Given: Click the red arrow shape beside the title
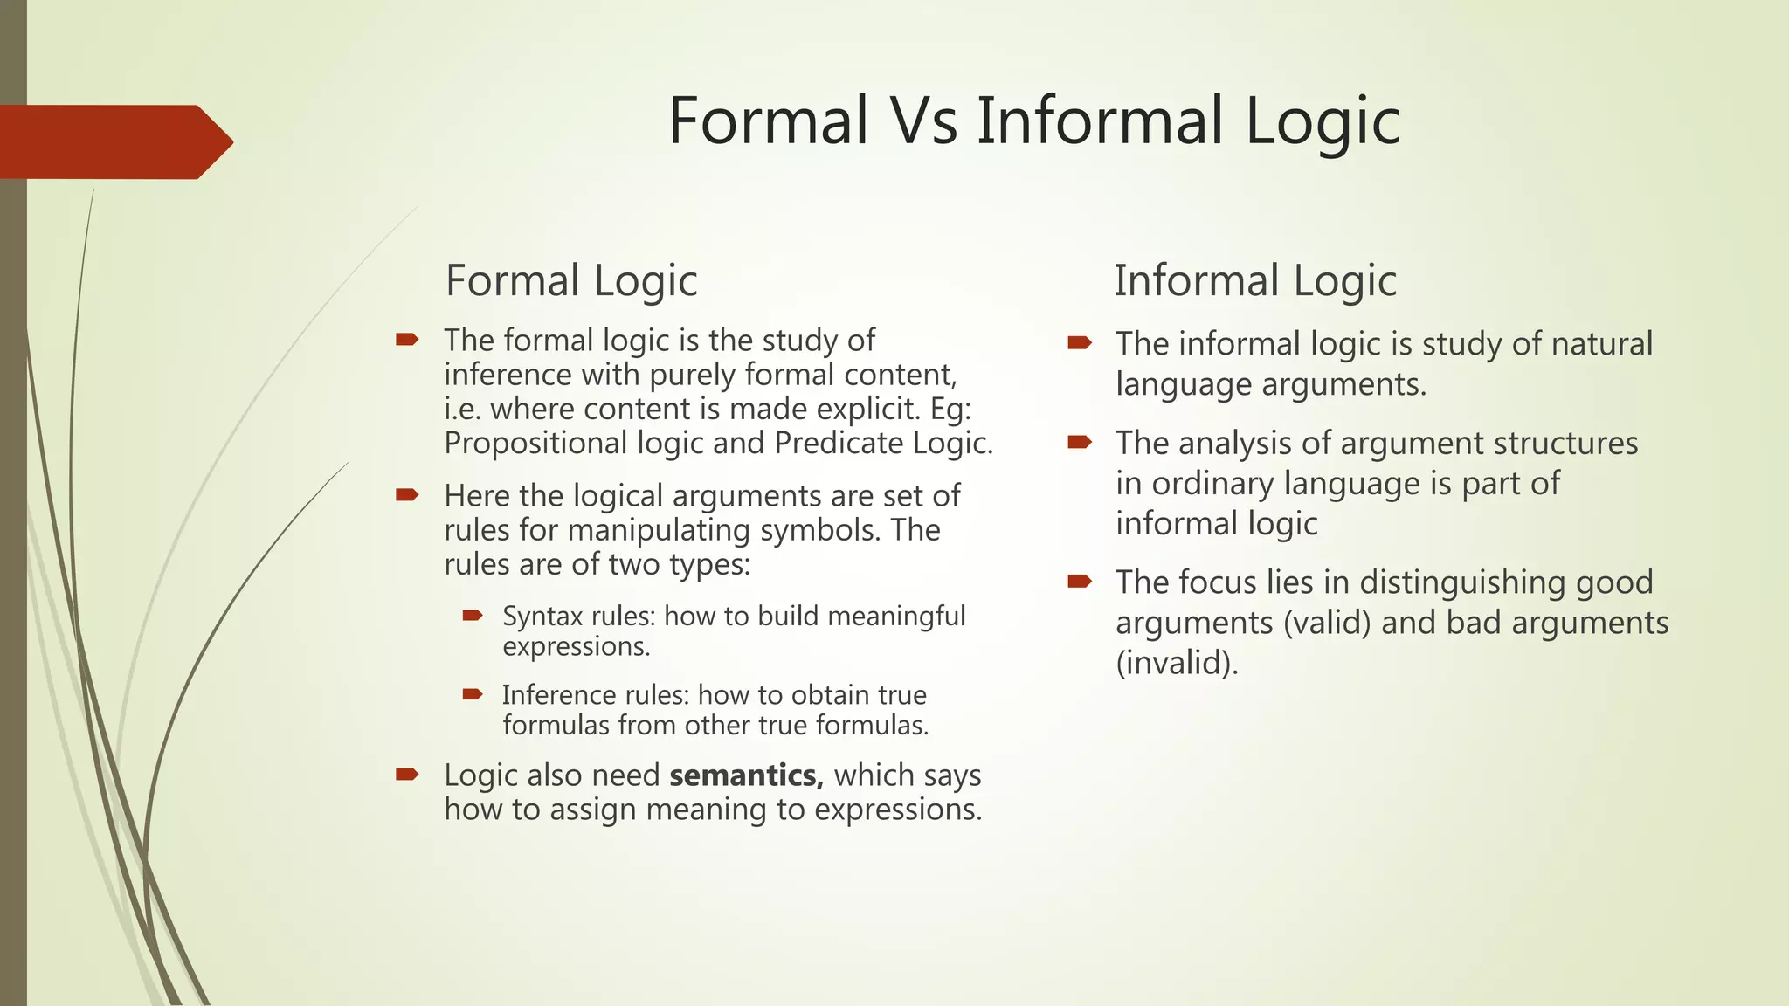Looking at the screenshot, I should point(114,142).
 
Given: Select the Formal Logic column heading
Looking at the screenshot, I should point(571,281).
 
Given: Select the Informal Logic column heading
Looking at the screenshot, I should point(1255,281).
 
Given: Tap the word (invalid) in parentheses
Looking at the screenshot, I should point(1178,663).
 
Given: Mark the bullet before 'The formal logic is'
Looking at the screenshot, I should point(407,340).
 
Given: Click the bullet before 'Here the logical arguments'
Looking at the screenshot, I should point(407,495).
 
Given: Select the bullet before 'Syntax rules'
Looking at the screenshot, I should point(473,616).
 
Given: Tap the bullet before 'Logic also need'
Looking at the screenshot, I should point(407,774).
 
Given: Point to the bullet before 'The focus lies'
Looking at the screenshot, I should point(1080,581).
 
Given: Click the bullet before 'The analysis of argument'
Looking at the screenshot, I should point(1080,442).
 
